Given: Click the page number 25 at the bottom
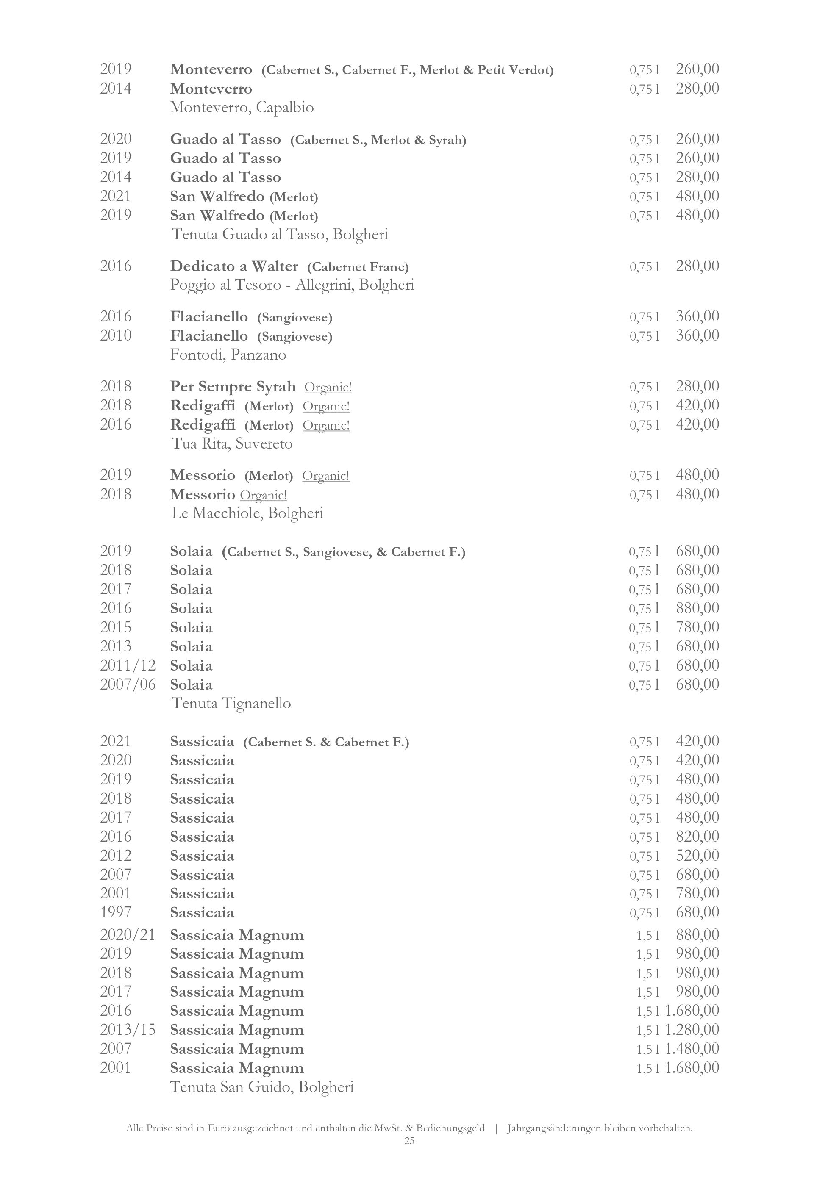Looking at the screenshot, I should [409, 1141].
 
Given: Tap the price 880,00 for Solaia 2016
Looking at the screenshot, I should [697, 608].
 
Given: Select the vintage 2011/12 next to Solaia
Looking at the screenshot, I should [128, 665].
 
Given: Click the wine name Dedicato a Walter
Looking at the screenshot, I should [234, 266].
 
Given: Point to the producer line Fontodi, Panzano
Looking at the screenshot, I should [228, 355].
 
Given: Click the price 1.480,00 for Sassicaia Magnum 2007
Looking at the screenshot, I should [692, 1049].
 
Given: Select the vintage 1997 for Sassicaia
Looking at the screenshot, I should [116, 912].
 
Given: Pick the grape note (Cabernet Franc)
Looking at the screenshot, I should [358, 267].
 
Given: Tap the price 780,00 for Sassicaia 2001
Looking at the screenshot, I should [697, 893].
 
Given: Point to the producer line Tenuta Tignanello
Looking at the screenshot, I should [231, 704].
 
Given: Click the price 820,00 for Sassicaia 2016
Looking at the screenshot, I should [697, 836].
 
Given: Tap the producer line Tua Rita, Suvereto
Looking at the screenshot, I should [231, 444].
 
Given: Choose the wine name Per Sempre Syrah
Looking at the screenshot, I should [233, 387].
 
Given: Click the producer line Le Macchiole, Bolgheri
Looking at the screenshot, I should [247, 513].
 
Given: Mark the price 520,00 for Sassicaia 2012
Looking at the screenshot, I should [697, 856].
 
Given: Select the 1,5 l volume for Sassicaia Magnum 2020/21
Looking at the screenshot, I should [648, 936].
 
